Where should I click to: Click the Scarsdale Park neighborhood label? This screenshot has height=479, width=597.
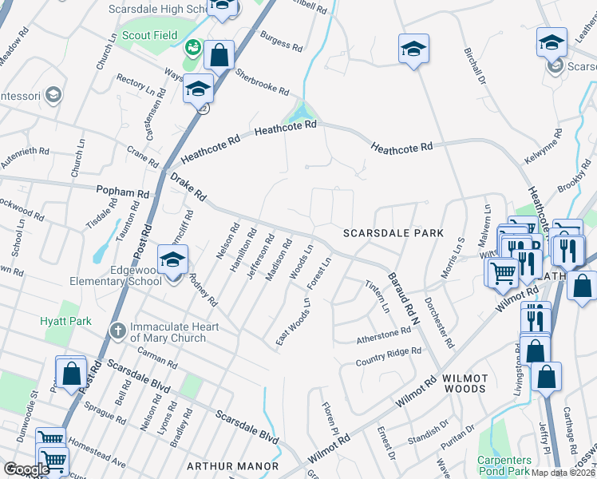pos(393,233)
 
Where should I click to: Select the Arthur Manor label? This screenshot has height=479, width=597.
pos(232,466)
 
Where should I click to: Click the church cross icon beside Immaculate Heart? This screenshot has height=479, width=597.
pos(117,330)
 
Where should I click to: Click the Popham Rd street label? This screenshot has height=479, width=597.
pos(122,193)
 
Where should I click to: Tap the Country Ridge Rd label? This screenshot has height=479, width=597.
pos(388,355)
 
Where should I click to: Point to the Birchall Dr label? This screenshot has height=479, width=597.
pos(475,66)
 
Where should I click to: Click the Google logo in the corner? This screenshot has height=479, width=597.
pos(26,469)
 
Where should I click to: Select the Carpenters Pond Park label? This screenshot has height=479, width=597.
pos(504,466)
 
